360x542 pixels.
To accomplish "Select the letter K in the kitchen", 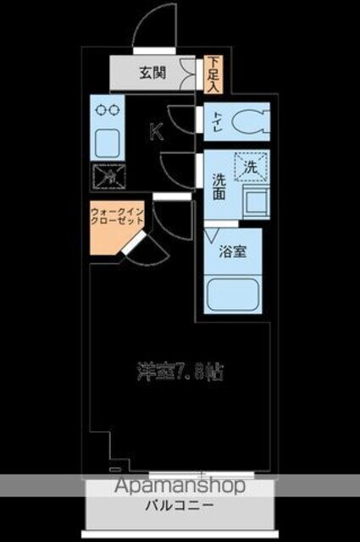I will (156, 130).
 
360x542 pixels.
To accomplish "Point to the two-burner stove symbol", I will (108, 109).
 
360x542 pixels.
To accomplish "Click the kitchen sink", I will (108, 141).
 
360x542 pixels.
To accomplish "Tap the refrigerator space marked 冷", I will (108, 175).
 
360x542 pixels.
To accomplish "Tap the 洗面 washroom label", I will (217, 186).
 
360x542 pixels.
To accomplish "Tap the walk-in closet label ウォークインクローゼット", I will (116, 215).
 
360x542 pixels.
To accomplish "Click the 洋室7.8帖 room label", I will (181, 370).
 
